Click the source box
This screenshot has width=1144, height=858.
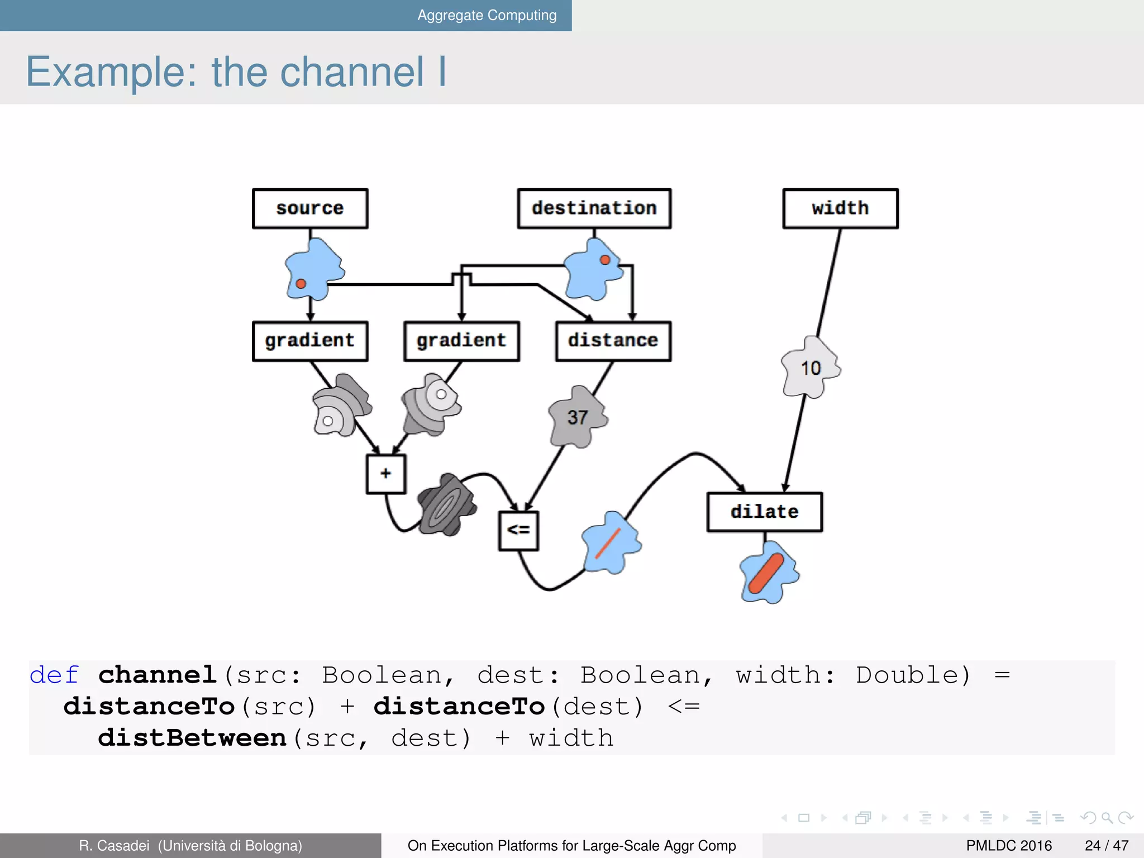click(310, 208)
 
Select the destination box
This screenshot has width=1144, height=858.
click(594, 208)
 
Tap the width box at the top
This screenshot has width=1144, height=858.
click(840, 208)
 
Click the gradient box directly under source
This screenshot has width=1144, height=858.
click(310, 341)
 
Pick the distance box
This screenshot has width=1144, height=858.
click(613, 341)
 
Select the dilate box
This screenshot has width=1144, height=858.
click(764, 512)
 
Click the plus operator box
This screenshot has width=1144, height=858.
click(386, 474)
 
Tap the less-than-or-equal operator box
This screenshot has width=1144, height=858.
click(518, 530)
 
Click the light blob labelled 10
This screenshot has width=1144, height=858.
click(811, 368)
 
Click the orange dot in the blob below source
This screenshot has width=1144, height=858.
click(301, 283)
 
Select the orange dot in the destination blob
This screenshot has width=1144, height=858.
click(605, 260)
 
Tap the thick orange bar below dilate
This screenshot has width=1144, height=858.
click(766, 573)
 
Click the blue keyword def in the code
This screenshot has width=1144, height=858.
click(54, 675)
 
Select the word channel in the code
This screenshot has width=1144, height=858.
click(158, 675)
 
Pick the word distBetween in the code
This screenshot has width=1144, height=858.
click(192, 738)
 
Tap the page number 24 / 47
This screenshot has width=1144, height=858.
click(1106, 845)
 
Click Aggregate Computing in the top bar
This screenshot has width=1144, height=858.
click(487, 15)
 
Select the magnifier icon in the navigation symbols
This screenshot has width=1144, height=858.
click(1107, 818)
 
